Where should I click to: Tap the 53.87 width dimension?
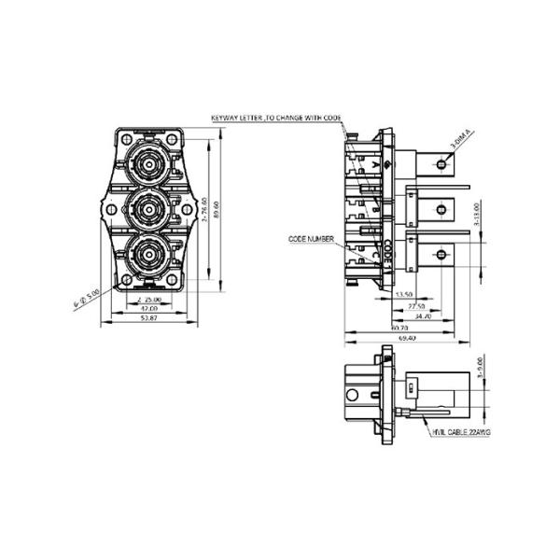(x=147, y=319)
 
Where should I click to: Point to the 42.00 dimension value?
(x=147, y=309)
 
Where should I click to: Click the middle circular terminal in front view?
(x=147, y=211)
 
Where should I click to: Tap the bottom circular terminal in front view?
(x=147, y=254)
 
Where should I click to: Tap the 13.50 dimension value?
(x=404, y=294)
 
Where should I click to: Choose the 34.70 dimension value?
(x=422, y=317)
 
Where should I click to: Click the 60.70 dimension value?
(x=399, y=329)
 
